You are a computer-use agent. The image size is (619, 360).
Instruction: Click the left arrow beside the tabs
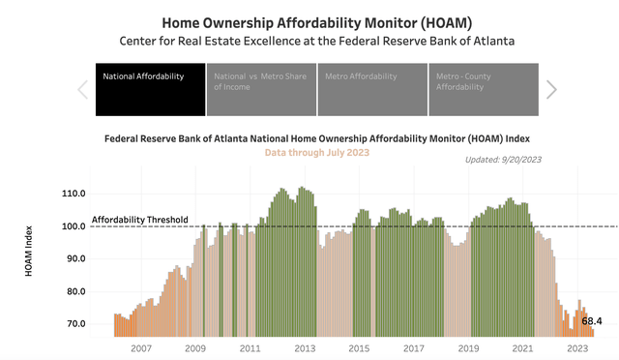tap(82, 89)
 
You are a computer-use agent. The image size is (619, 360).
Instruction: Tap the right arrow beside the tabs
tap(551, 89)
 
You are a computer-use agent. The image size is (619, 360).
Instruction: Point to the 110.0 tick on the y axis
tap(74, 194)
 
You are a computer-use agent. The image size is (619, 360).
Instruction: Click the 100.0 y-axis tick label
tap(74, 226)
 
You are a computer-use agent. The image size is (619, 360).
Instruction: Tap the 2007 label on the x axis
tap(141, 347)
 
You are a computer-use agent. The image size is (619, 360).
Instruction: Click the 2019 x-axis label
tap(469, 347)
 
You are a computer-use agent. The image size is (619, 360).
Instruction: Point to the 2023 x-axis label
tap(577, 347)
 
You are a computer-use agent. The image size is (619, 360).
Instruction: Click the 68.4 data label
tap(592, 320)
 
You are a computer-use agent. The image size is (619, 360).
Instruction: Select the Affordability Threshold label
tap(139, 220)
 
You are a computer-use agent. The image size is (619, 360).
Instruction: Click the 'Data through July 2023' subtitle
tap(317, 153)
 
